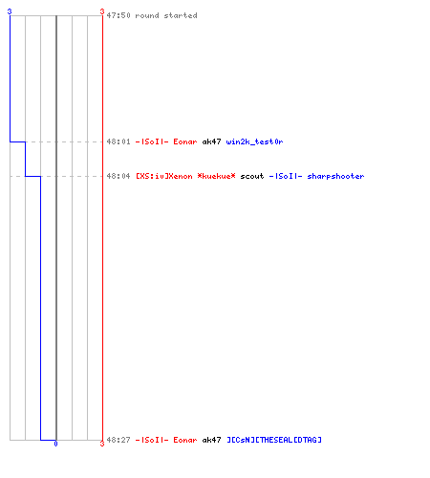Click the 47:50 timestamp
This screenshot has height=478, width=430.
118,15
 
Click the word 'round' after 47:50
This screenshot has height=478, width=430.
147,15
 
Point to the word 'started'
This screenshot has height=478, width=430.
181,15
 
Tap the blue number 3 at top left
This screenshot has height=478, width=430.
10,11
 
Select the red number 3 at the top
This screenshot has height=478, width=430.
102,11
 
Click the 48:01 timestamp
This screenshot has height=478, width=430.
118,141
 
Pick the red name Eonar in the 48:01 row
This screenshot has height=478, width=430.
185,141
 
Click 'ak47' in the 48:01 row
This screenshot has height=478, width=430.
211,141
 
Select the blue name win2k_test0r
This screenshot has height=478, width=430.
254,141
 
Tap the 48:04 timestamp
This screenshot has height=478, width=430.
118,176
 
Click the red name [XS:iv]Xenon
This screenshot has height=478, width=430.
164,176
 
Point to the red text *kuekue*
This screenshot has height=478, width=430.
217,176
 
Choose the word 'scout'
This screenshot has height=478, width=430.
252,176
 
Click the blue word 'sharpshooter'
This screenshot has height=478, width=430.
335,176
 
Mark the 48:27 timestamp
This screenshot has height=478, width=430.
118,440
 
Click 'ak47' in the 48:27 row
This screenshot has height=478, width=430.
211,440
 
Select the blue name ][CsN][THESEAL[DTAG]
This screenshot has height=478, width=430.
274,440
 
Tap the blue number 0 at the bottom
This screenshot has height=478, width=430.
55,444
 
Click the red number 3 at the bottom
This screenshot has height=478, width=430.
102,444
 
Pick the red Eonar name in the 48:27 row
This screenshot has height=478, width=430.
185,440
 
